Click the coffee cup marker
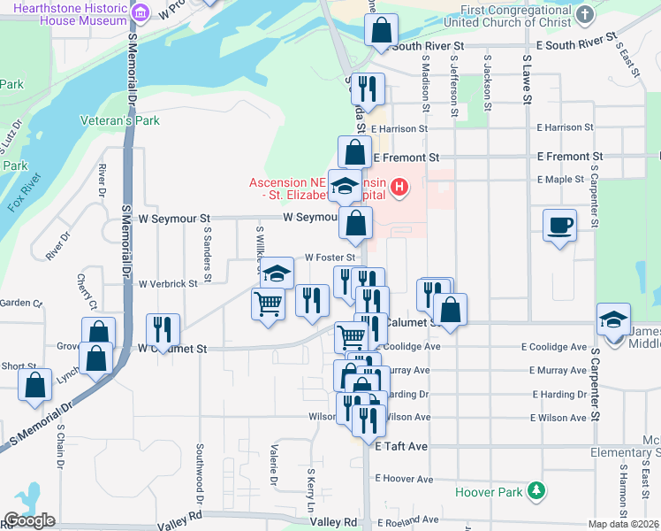click(x=560, y=226)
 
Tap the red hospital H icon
click(x=399, y=187)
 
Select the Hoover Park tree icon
click(x=535, y=490)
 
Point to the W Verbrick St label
click(x=168, y=283)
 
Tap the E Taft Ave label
click(x=401, y=447)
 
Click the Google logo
click(x=29, y=520)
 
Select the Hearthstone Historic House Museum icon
click(x=141, y=13)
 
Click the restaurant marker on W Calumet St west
click(x=163, y=328)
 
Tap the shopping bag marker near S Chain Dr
click(x=35, y=385)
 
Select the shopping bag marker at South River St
click(x=381, y=30)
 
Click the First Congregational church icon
click(x=585, y=15)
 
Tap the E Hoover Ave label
click(x=404, y=478)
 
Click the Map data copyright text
click(x=624, y=524)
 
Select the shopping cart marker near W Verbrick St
click(x=268, y=304)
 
